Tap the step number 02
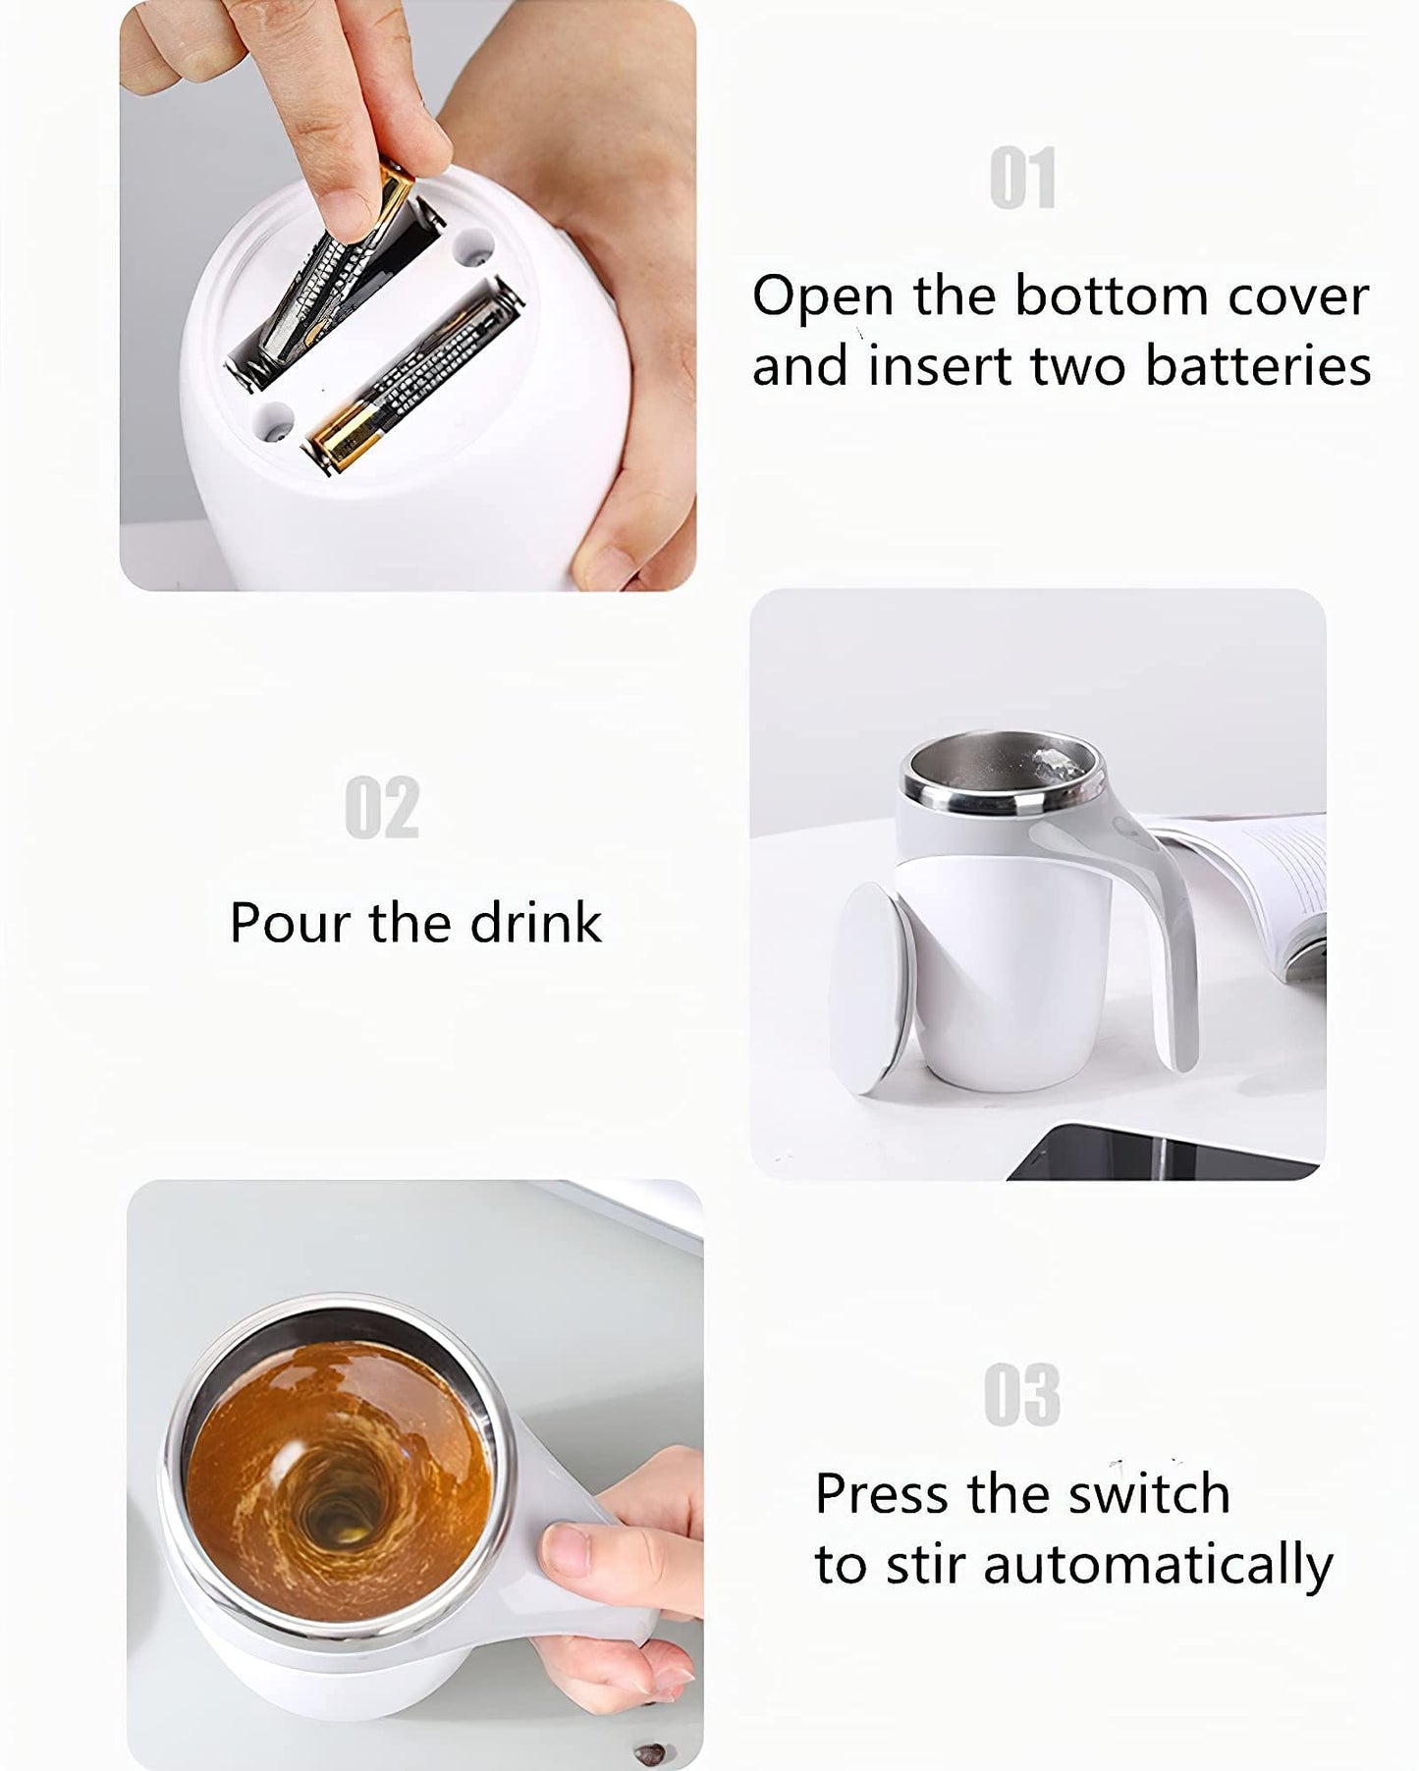[382, 807]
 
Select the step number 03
[1021, 1394]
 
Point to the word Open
[822, 295]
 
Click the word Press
[884, 1493]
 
